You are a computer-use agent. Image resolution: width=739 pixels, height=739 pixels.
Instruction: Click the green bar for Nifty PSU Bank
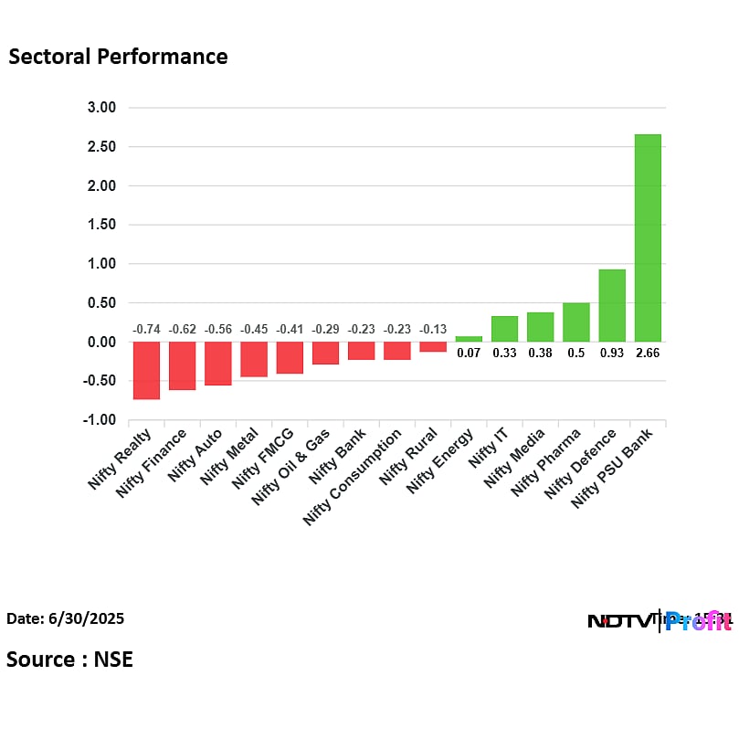[x=648, y=238]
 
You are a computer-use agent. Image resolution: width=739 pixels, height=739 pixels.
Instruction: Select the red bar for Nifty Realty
[x=146, y=370]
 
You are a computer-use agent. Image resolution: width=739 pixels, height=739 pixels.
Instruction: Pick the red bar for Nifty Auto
[x=217, y=364]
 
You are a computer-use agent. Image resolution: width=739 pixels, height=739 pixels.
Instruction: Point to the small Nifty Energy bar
[x=469, y=339]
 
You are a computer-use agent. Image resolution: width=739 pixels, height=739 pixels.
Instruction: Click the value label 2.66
[x=648, y=353]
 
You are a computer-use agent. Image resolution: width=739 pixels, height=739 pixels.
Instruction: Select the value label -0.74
[x=146, y=329]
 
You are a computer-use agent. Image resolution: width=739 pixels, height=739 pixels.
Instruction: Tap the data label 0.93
[x=612, y=353]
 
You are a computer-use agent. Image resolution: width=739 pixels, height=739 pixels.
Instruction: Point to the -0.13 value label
[x=433, y=329]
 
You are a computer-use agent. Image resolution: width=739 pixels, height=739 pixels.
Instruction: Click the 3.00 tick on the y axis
[x=101, y=108]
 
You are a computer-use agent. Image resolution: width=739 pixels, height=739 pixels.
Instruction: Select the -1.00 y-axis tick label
[x=100, y=420]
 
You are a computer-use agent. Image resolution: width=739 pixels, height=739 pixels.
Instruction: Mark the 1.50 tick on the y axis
[x=101, y=225]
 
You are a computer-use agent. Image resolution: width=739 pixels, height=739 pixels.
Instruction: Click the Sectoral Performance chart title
[x=118, y=57]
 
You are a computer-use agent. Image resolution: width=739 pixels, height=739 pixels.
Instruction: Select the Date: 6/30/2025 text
[x=66, y=618]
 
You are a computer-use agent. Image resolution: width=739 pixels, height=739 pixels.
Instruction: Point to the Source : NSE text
[x=69, y=659]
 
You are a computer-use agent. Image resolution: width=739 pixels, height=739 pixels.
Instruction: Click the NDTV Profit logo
[x=658, y=621]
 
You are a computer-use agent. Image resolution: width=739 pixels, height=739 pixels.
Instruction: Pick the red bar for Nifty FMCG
[x=290, y=357]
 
